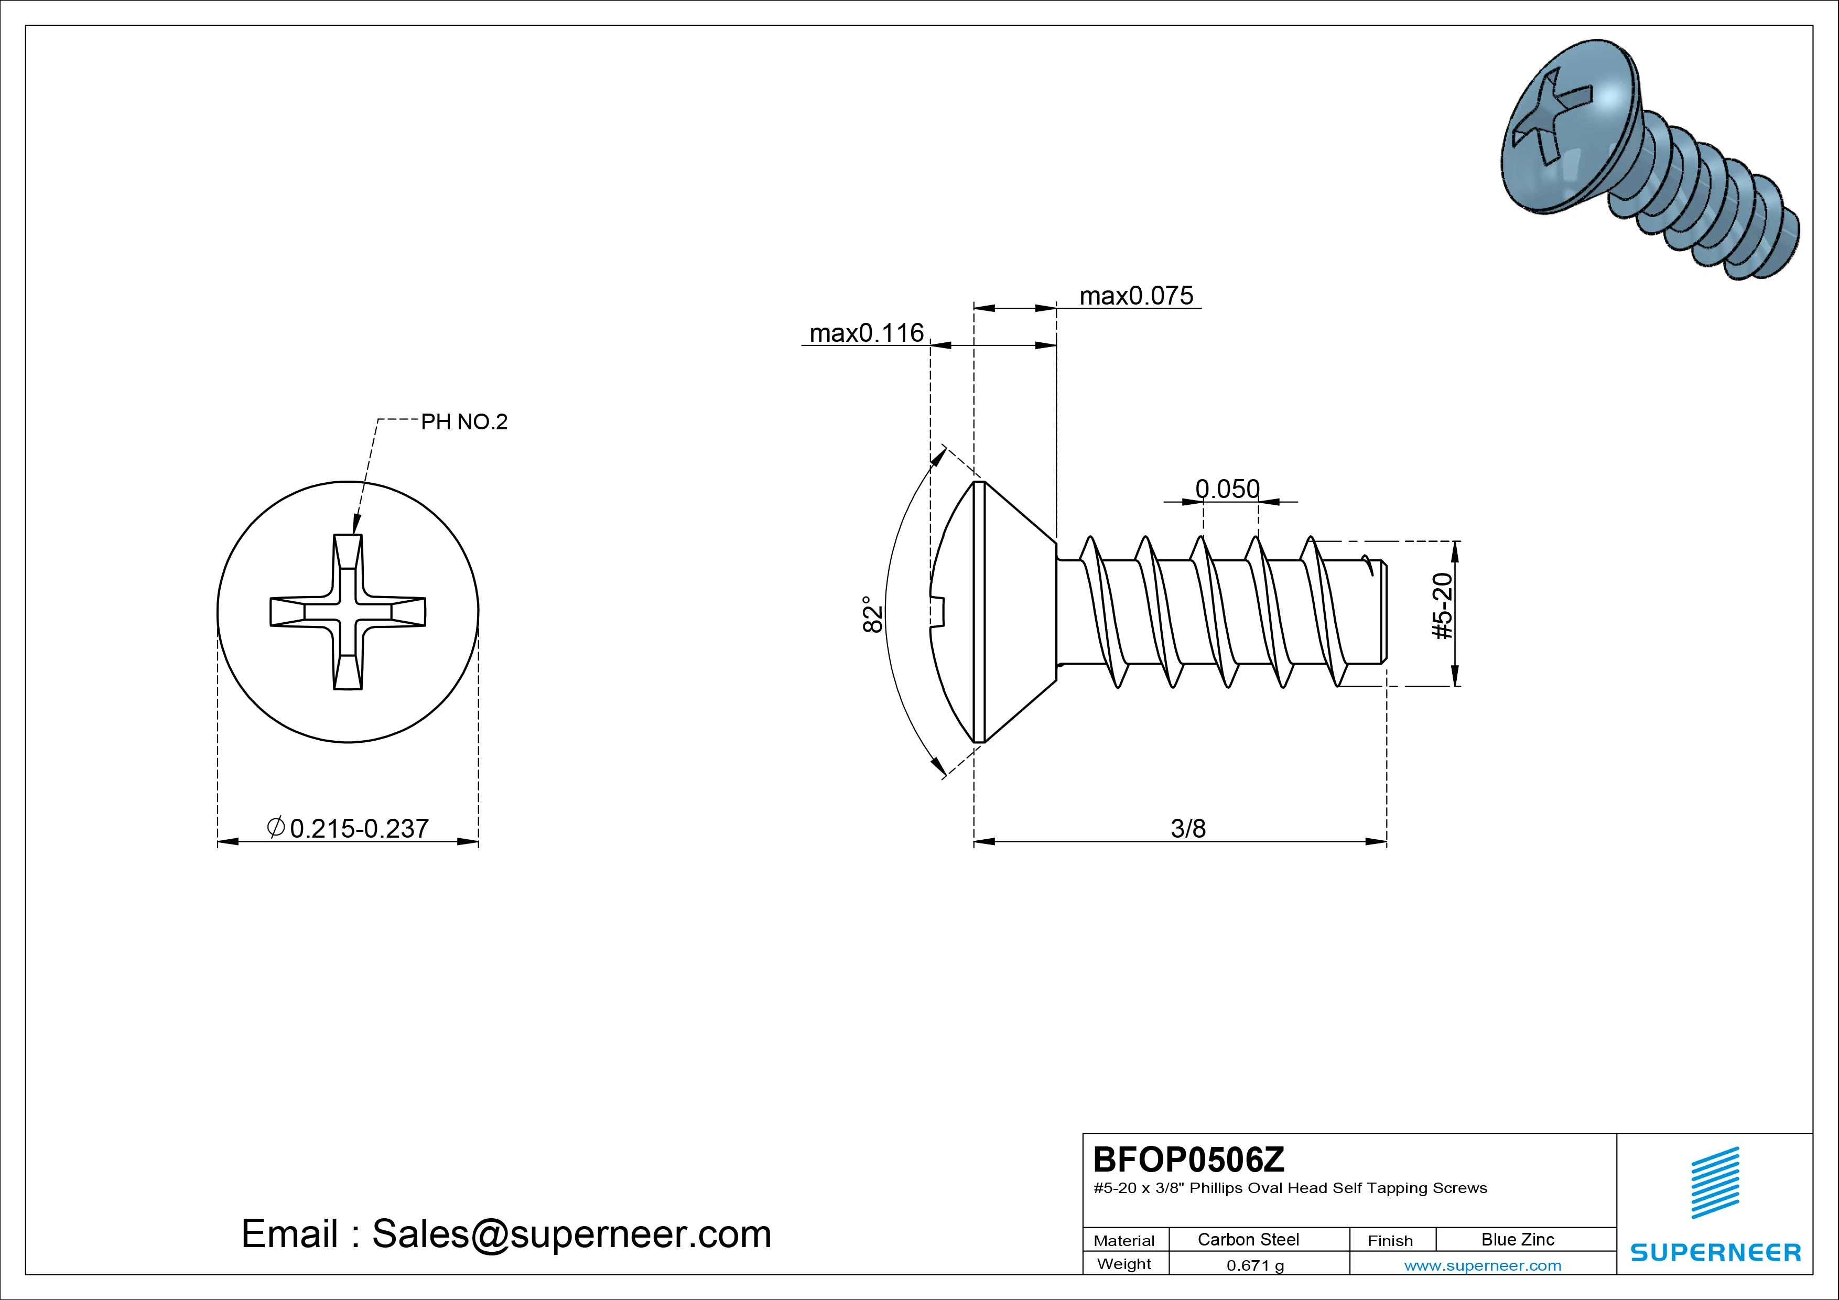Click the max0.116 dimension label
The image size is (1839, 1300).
[x=866, y=332]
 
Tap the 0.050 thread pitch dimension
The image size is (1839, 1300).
[x=1227, y=489]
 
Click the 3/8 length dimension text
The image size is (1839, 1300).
[x=1188, y=828]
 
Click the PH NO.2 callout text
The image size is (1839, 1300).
[x=464, y=422]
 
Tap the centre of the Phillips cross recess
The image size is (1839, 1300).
[x=348, y=612]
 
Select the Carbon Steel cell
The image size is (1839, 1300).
[x=1248, y=1239]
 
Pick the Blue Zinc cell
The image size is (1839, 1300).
[x=1517, y=1239]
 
